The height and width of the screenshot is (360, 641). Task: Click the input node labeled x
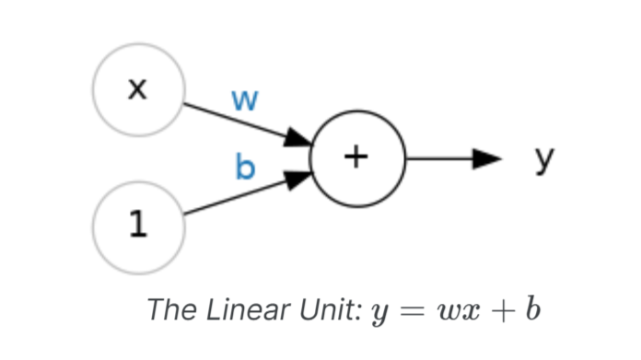137,88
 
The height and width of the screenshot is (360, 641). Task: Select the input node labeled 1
137,226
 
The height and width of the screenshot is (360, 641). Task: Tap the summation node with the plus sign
357,157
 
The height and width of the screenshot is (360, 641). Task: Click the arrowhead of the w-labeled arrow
298,139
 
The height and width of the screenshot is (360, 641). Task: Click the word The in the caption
168,309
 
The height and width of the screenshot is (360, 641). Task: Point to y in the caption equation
377,312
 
